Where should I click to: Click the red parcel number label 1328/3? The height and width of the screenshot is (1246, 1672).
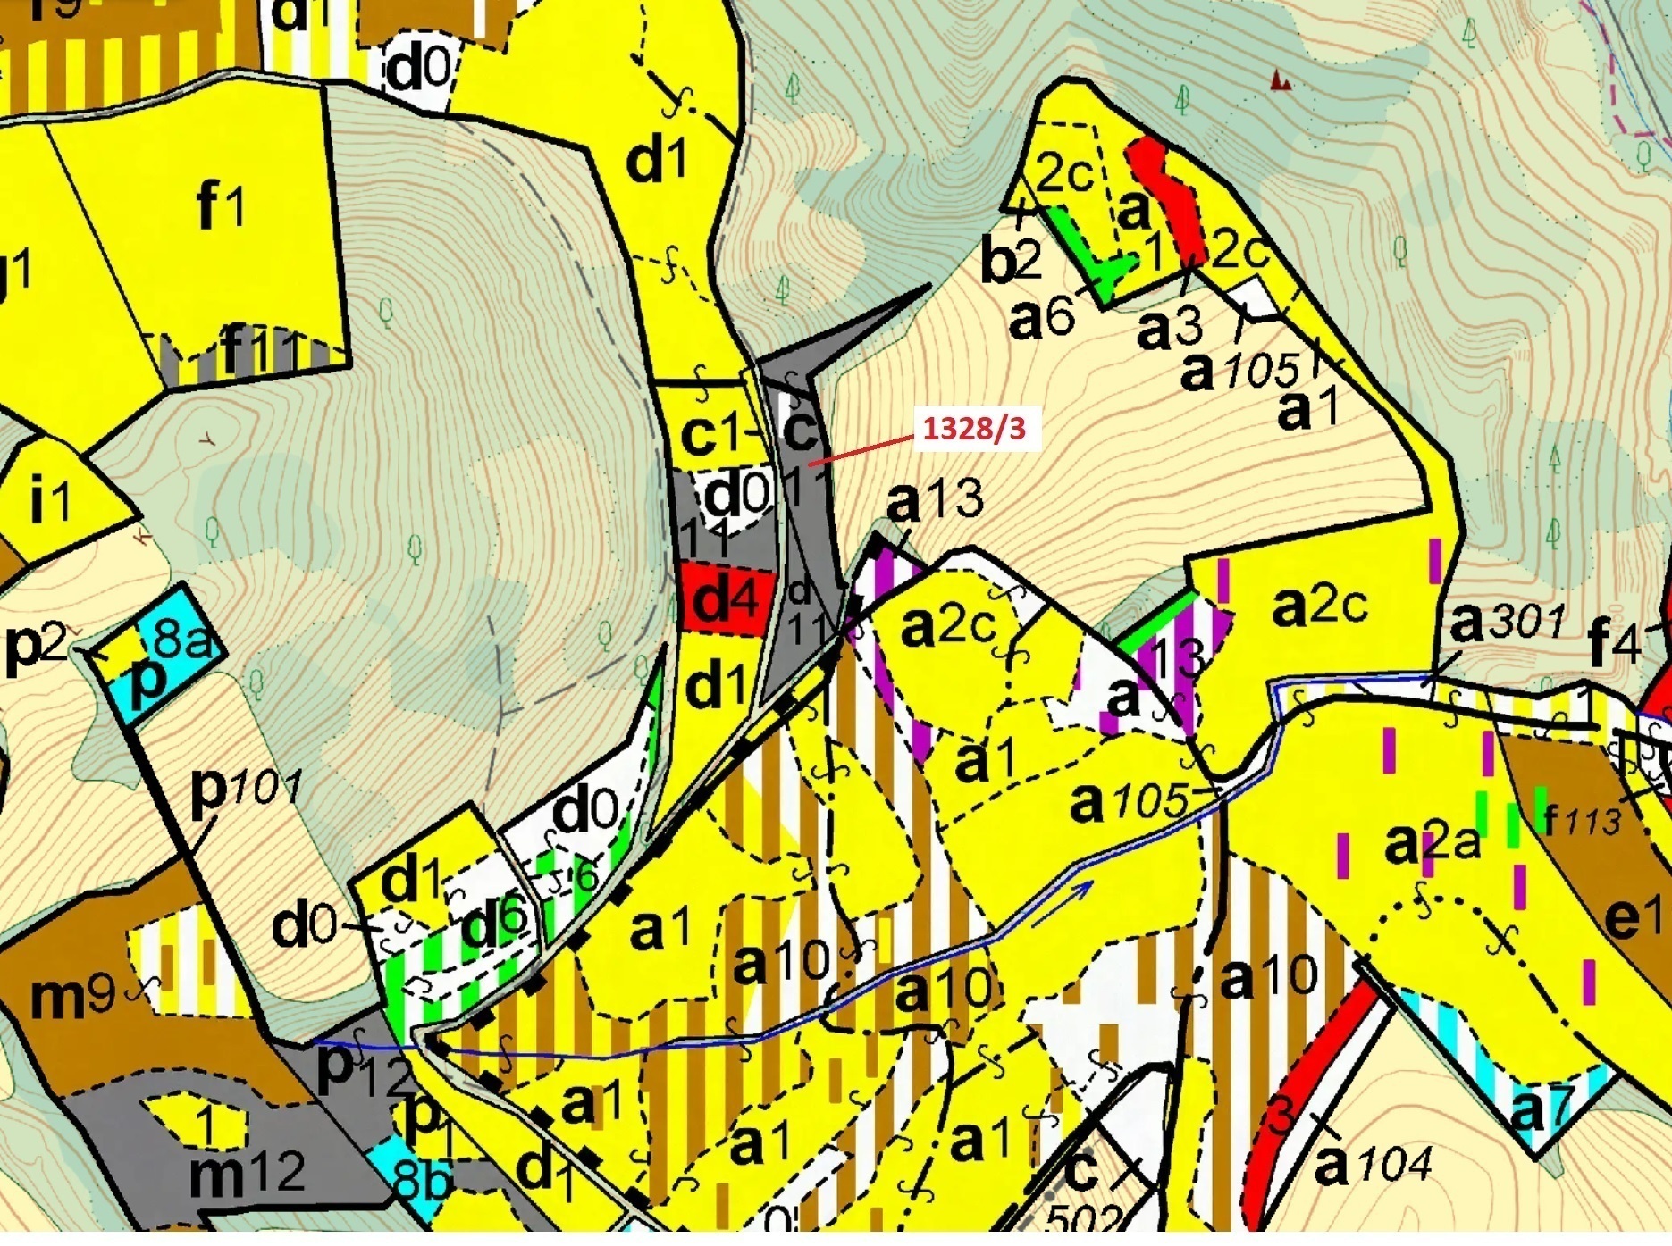[x=973, y=429]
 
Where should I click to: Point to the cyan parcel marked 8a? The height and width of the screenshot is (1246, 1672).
[x=183, y=636]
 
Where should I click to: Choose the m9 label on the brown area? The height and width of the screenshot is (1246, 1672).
[x=71, y=996]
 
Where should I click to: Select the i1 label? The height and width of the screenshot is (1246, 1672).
[x=50, y=501]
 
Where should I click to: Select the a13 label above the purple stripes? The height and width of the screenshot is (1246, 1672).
[x=935, y=500]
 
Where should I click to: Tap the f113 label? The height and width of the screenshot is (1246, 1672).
[x=1582, y=819]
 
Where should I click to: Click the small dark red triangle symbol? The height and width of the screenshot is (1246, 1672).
[x=1281, y=81]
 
